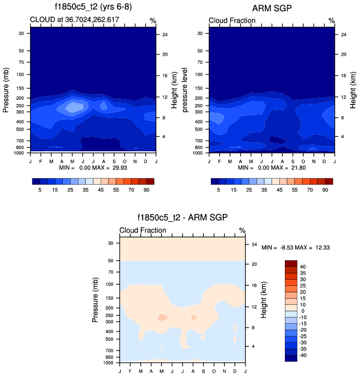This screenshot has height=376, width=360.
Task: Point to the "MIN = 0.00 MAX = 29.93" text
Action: [x=93, y=167]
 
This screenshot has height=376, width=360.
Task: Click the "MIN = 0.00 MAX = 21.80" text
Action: [x=272, y=167]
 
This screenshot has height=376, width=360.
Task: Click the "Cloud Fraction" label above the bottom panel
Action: [x=143, y=230]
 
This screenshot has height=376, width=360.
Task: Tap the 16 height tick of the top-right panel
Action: [x=343, y=75]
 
